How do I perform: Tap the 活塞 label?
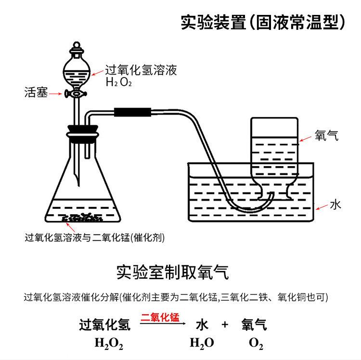point(36,93)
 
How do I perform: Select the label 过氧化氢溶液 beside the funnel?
point(141,71)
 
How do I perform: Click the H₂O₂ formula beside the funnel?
point(118,82)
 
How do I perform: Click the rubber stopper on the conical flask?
point(83,133)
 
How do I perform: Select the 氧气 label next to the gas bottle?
point(327,136)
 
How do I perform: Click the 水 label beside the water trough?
point(335,205)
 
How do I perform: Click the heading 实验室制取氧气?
point(172,272)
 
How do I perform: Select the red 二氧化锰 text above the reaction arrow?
point(160,317)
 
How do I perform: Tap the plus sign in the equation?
point(224,325)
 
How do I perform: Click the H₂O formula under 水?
point(201,343)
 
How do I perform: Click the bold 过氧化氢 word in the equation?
point(104,325)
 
